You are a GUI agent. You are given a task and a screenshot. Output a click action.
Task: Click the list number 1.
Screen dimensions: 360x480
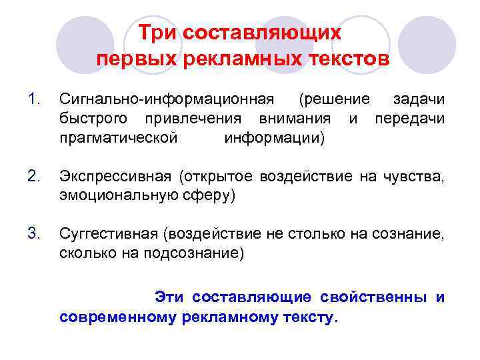click(x=34, y=100)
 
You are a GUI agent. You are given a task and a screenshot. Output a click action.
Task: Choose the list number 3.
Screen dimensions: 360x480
click(x=35, y=233)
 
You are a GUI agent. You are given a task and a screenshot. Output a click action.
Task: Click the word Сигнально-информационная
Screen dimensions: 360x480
click(x=167, y=100)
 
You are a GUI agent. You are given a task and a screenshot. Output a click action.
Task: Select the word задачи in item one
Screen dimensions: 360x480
click(x=419, y=100)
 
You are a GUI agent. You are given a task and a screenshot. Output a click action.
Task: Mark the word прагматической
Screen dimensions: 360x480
click(x=119, y=137)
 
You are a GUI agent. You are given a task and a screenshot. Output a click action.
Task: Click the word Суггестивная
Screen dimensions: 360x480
click(x=110, y=233)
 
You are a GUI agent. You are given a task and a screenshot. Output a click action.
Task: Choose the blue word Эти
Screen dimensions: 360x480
click(x=169, y=297)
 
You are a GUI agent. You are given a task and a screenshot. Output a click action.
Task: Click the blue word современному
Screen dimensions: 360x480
click(x=117, y=317)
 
